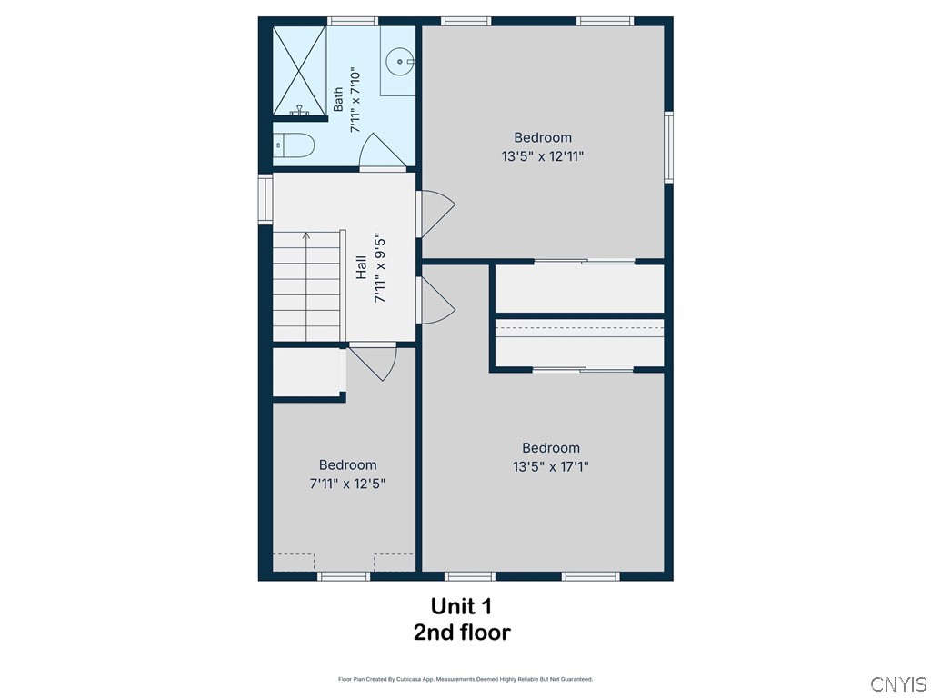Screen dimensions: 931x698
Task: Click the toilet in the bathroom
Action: click(x=293, y=145)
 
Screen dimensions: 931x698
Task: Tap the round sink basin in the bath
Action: click(x=400, y=61)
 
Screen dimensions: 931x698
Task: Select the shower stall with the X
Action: click(x=299, y=71)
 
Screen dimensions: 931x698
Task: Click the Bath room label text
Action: click(x=338, y=100)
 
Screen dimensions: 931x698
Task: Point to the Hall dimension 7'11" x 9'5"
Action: click(x=380, y=270)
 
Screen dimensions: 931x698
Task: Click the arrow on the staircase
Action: click(x=306, y=286)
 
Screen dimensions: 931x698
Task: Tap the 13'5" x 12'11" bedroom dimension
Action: click(x=543, y=156)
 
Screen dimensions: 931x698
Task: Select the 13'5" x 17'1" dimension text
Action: click(x=550, y=467)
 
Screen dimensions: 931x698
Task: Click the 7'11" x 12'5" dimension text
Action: click(x=347, y=484)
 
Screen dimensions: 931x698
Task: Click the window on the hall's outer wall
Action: click(x=265, y=198)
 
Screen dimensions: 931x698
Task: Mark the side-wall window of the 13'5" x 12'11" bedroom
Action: click(x=668, y=147)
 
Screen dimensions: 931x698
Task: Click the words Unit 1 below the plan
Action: click(x=461, y=606)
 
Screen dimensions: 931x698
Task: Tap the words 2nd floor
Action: click(x=462, y=633)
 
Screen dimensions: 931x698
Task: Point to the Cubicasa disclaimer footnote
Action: click(x=465, y=679)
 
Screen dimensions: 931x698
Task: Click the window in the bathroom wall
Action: click(x=354, y=22)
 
